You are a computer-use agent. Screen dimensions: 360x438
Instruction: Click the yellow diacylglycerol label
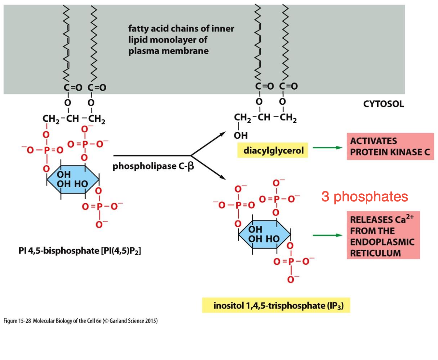click(x=273, y=150)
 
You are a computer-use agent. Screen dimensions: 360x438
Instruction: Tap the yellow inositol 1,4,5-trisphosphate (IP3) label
click(x=276, y=306)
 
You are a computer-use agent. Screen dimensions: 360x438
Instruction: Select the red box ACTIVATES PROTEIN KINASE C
click(x=390, y=146)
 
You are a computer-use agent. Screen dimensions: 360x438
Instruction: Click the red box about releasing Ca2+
click(x=383, y=236)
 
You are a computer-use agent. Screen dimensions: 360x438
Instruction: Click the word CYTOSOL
click(x=383, y=104)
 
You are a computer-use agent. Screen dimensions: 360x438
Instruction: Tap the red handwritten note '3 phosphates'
click(x=364, y=197)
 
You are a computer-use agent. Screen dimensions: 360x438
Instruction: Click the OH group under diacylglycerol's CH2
click(x=241, y=135)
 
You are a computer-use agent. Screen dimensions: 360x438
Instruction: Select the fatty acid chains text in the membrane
click(x=181, y=39)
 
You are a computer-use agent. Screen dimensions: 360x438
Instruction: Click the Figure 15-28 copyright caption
click(x=80, y=321)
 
